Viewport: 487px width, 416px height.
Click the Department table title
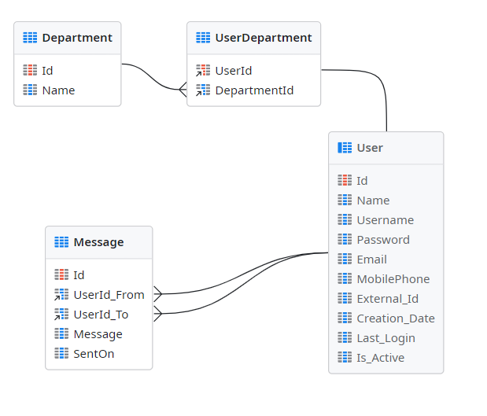tap(76, 38)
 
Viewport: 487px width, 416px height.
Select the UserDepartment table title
tap(263, 38)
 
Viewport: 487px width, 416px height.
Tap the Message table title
tap(98, 242)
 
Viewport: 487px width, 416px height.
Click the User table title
tap(370, 148)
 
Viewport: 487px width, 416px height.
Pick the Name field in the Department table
tap(58, 90)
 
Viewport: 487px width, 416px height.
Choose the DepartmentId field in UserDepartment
tap(254, 90)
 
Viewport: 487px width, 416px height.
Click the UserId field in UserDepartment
tap(234, 71)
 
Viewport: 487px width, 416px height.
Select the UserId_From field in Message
tap(109, 295)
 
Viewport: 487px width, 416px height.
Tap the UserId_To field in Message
tap(101, 315)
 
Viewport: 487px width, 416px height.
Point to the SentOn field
tap(94, 354)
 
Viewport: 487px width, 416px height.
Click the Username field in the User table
tap(385, 220)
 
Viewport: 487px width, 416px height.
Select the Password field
tap(383, 240)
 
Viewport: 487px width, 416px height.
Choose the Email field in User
tap(371, 260)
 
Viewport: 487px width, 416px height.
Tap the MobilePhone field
tap(393, 279)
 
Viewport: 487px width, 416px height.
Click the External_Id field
tap(387, 299)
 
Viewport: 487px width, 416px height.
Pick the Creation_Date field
tap(395, 318)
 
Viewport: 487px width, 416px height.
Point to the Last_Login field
tap(386, 338)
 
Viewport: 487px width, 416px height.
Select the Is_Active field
tap(380, 358)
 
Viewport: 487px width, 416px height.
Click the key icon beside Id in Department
tap(30, 71)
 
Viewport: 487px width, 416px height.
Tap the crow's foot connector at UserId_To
tap(158, 315)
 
